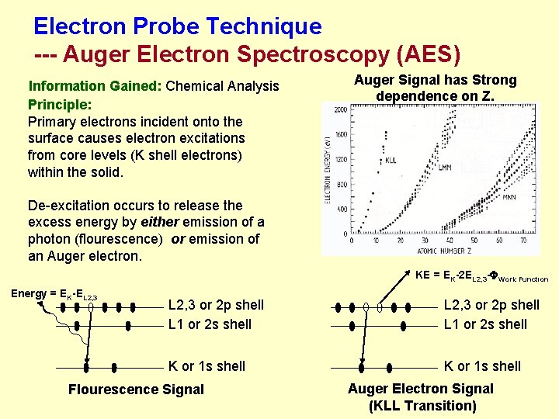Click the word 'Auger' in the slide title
(97, 55)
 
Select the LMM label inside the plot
(446, 166)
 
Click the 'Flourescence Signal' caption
(136, 390)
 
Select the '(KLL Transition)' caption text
(422, 406)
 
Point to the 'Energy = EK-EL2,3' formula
(54, 293)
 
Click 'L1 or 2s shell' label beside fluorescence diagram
(210, 324)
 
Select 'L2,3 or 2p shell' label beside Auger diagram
(491, 305)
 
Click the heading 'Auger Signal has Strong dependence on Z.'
(435, 88)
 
